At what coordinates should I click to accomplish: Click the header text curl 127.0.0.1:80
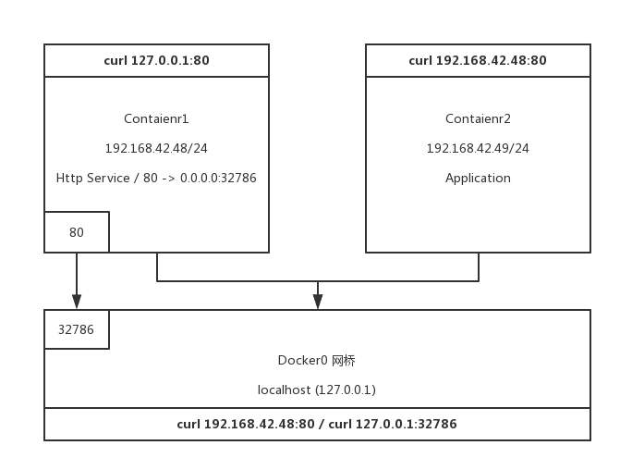click(x=156, y=60)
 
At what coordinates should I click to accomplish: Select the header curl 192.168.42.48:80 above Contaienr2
click(x=478, y=60)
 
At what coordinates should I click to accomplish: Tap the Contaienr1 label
click(x=156, y=118)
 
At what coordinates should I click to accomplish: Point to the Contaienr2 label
click(x=478, y=118)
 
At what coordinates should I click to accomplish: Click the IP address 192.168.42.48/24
click(x=156, y=148)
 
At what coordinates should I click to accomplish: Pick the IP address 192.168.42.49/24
click(x=478, y=148)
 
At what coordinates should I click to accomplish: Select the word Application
click(x=478, y=179)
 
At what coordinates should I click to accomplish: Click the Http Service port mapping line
click(x=156, y=178)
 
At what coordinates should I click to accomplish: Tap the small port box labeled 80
click(x=77, y=232)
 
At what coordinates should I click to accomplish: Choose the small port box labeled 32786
click(x=77, y=329)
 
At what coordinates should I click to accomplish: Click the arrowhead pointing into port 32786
click(x=77, y=302)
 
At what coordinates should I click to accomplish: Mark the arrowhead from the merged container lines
click(x=318, y=302)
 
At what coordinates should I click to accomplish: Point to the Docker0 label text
click(x=303, y=360)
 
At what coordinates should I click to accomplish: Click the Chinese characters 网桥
click(x=343, y=360)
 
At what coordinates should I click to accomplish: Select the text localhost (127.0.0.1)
click(x=317, y=390)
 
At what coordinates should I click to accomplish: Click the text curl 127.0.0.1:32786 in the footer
click(x=393, y=424)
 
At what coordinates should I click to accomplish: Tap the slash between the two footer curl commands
click(x=322, y=424)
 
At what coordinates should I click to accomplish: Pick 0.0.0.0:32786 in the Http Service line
click(x=218, y=178)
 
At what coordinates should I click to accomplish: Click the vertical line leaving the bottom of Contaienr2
click(x=479, y=266)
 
